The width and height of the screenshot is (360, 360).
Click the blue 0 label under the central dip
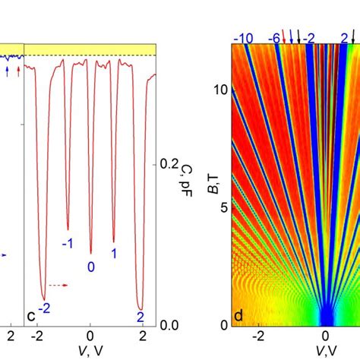click(90, 267)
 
